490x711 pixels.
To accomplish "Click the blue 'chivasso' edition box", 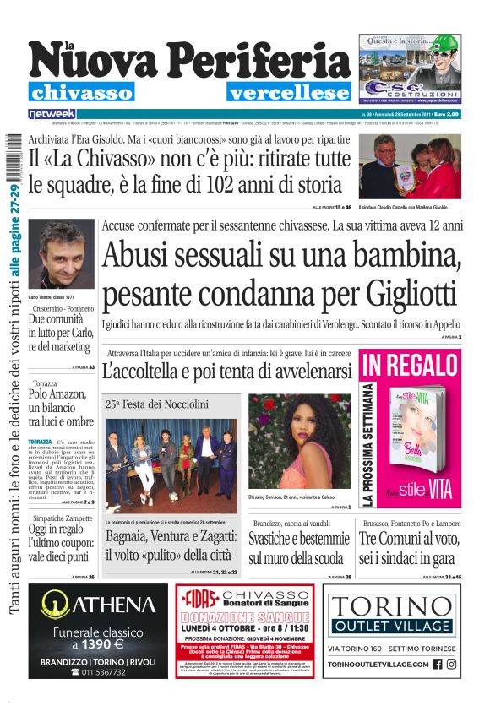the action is [x=81, y=93].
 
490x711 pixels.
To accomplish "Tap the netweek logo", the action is [x=52, y=113].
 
